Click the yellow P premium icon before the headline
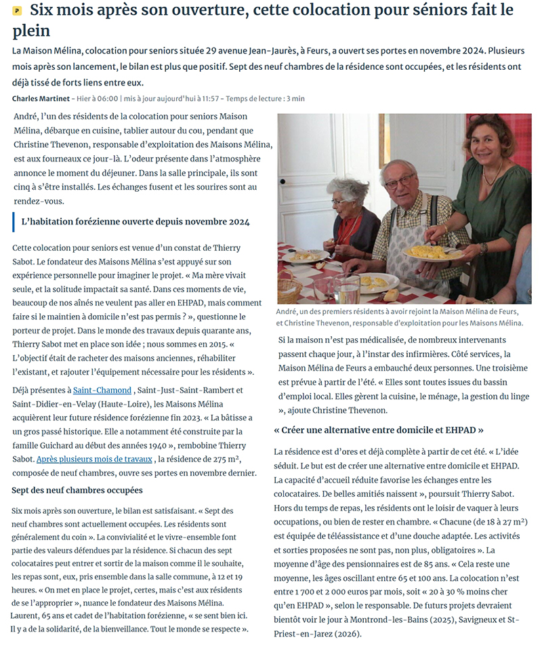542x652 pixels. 17,11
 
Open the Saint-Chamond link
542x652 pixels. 102,390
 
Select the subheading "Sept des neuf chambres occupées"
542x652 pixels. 77,490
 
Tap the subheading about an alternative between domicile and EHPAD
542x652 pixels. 379,430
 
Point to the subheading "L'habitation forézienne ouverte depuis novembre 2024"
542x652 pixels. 135,222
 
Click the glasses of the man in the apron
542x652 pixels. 400,182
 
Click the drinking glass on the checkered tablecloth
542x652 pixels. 348,289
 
